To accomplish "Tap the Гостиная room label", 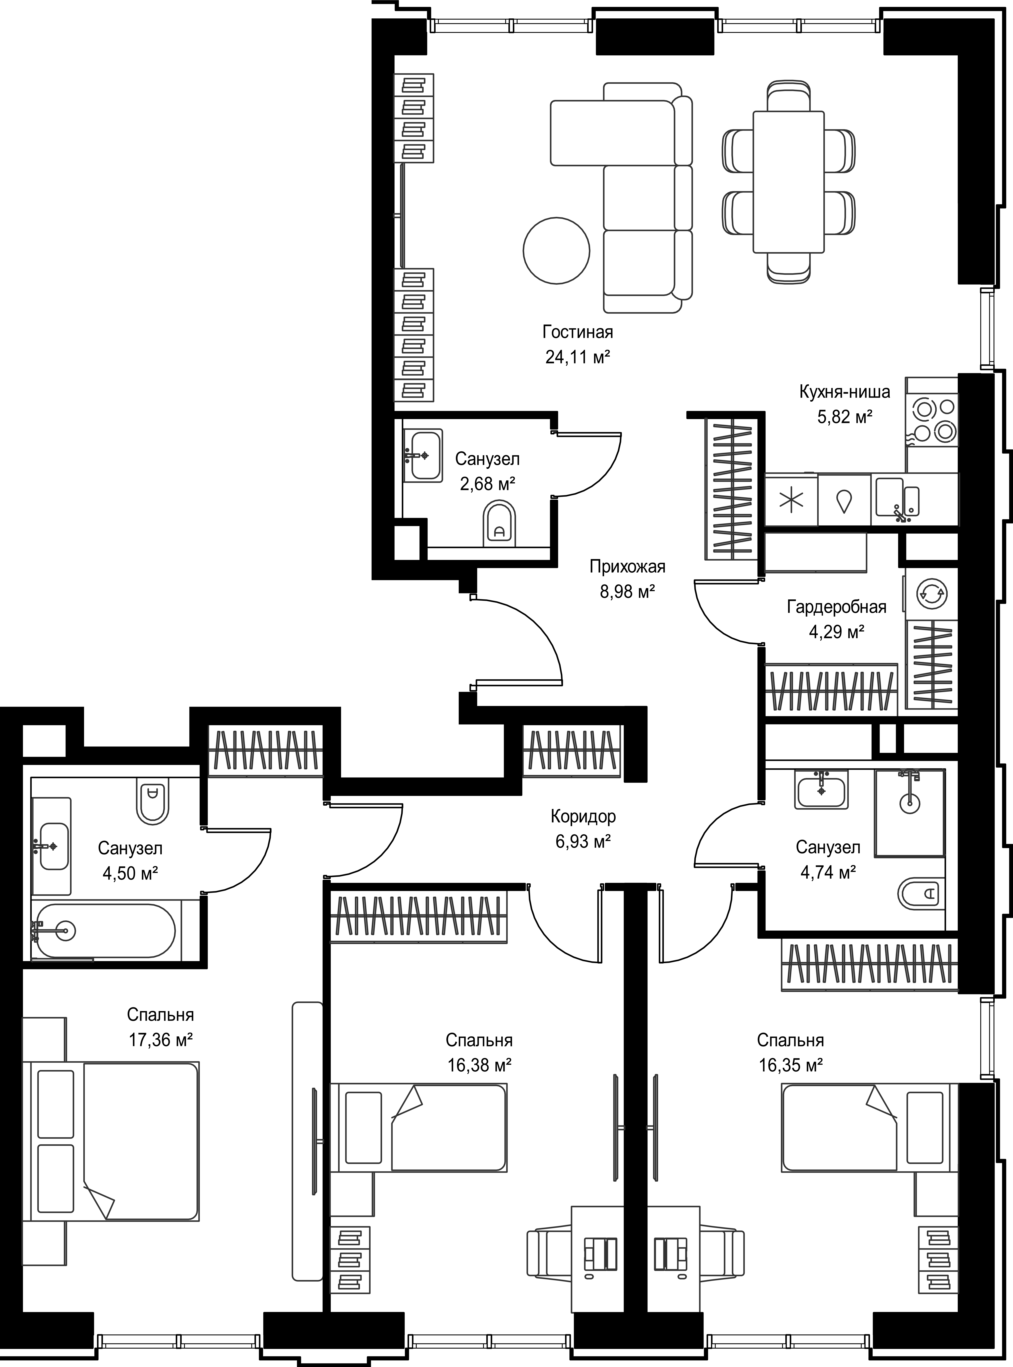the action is click(x=578, y=332).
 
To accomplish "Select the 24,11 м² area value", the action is click(x=578, y=357).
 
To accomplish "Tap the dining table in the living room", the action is click(x=788, y=182).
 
